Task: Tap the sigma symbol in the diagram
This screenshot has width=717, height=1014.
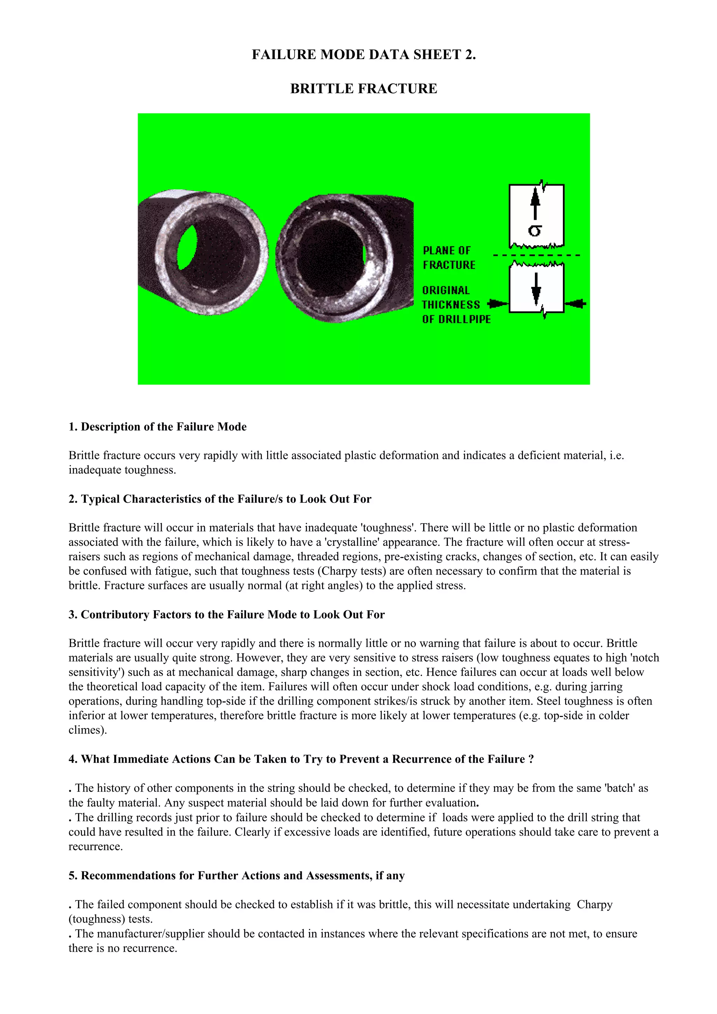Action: (535, 230)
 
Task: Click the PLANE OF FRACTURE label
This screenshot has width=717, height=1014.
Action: (448, 258)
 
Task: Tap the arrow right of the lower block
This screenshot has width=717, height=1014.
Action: (576, 303)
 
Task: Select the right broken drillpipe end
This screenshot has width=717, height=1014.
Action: (344, 258)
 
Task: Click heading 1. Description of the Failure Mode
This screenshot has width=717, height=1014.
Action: (157, 427)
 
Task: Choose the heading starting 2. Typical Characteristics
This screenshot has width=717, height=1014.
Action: (220, 499)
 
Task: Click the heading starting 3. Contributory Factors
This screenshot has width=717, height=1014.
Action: (226, 614)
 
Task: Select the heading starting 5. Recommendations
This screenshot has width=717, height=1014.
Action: (236, 875)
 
